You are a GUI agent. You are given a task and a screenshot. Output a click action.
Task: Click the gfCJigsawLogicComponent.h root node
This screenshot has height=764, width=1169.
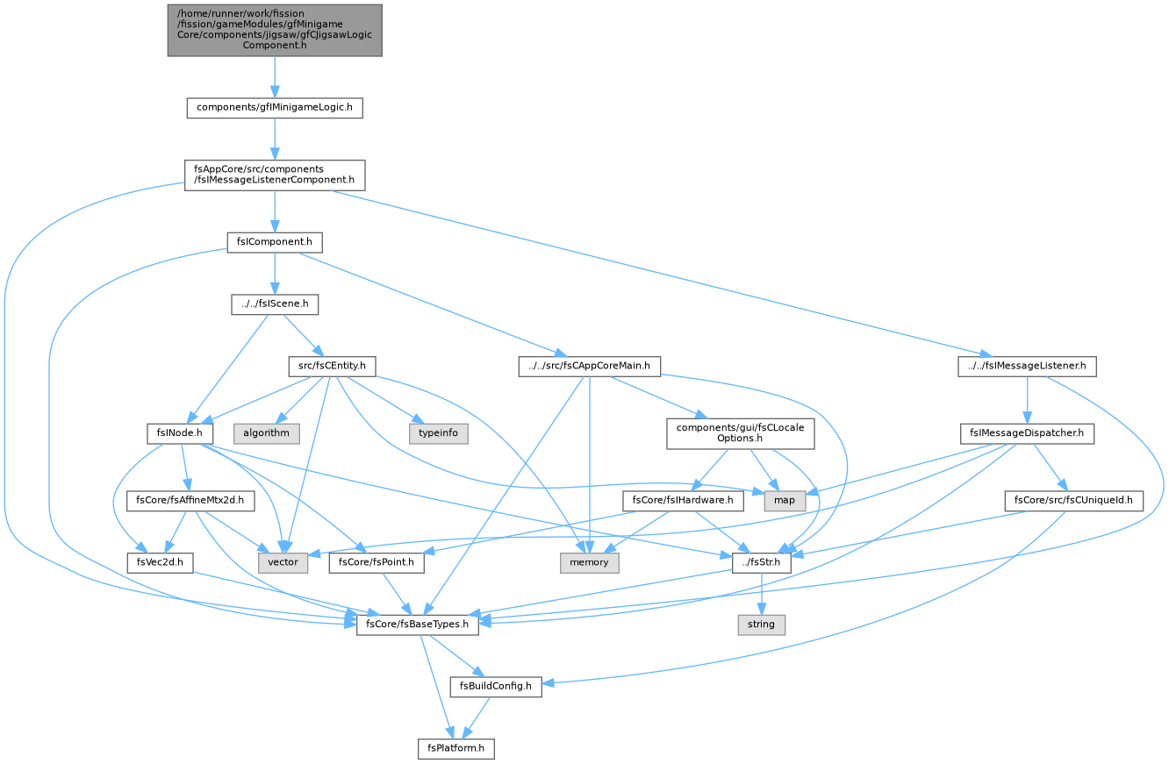click(x=275, y=30)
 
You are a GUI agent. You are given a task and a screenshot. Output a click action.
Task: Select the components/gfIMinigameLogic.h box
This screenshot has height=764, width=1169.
click(x=275, y=108)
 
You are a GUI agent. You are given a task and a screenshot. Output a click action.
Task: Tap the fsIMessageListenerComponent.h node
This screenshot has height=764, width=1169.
click(x=275, y=175)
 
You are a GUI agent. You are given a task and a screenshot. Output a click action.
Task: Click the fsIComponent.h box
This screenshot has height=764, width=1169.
click(x=275, y=242)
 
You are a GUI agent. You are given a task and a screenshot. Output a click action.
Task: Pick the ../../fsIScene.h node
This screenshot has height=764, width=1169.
click(x=275, y=304)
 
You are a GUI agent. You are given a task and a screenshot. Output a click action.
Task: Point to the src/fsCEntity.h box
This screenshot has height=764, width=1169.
click(x=332, y=367)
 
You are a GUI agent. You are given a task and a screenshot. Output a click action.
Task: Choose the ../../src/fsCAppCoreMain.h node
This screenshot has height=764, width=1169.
click(x=589, y=367)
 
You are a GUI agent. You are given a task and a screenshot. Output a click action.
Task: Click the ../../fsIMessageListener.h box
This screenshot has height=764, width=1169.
click(x=1027, y=367)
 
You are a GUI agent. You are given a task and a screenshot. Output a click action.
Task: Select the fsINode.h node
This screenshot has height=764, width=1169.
click(x=180, y=434)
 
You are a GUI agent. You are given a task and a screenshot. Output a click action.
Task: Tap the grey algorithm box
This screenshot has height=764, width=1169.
click(x=266, y=434)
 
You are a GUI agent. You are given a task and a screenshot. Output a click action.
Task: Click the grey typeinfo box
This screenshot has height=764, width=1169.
click(x=439, y=434)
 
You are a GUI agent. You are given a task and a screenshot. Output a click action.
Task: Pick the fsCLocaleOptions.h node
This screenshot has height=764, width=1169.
click(x=740, y=434)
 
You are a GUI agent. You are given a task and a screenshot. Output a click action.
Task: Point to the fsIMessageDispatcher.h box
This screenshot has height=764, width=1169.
click(x=1027, y=434)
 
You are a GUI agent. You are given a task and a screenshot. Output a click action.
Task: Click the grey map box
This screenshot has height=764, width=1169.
click(x=785, y=501)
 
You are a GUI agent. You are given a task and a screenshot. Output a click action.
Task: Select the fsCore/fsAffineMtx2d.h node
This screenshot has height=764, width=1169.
click(x=190, y=501)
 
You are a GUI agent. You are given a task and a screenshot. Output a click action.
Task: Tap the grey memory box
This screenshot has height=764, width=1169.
click(x=589, y=563)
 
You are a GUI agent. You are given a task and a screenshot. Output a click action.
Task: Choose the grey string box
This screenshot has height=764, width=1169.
click(x=761, y=625)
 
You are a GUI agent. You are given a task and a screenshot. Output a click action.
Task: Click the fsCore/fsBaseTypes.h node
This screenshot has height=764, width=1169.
click(x=417, y=625)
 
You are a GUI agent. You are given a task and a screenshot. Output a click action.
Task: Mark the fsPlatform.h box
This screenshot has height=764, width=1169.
click(x=455, y=749)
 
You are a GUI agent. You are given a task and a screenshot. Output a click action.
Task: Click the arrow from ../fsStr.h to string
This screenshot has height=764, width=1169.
click(x=762, y=595)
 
